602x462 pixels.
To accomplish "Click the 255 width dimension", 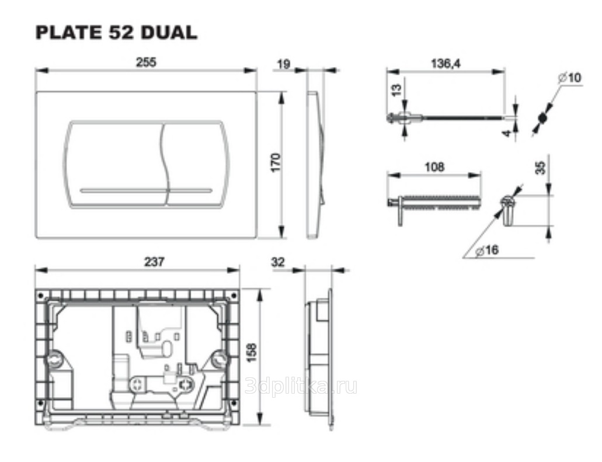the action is pos(147,62).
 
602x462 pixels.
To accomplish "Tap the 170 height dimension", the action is pos(276,162).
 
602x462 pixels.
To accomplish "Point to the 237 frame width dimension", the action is pos(154,262).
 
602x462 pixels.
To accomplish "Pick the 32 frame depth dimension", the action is pos(278,262).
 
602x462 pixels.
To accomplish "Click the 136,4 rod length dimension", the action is pos(446,63).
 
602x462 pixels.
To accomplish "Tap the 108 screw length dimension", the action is pos(434,167).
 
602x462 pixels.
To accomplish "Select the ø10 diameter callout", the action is pos(570,78).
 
